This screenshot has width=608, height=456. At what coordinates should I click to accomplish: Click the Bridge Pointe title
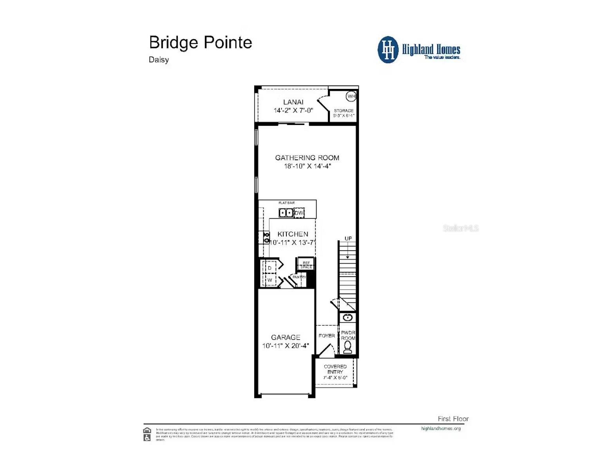pos(200,42)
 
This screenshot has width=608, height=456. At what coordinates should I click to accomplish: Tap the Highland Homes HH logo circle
pos(388,50)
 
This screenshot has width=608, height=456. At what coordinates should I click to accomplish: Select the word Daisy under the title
pos(159,60)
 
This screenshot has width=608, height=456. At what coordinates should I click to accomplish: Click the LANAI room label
pos(293,102)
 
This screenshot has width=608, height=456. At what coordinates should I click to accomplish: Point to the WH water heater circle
pos(351,96)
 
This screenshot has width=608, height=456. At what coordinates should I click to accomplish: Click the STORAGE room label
pos(344,111)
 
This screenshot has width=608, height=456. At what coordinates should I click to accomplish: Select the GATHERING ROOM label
pos(307,157)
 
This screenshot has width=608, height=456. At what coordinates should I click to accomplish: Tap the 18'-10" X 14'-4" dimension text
pos(308,166)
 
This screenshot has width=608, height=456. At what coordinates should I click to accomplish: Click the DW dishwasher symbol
pos(299,213)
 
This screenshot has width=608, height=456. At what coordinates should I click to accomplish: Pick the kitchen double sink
pos(286,213)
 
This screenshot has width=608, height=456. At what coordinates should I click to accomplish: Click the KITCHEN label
pos(293,234)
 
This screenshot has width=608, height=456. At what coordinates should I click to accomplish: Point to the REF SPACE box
pos(306,265)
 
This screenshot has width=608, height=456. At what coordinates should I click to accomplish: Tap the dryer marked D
pos(270,268)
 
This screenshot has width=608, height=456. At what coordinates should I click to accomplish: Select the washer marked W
pos(270,280)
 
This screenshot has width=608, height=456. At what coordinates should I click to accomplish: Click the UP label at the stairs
pos(348,238)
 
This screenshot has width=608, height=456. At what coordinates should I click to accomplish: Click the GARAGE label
pos(286,337)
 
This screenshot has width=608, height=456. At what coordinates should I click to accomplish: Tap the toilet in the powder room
pos(347,347)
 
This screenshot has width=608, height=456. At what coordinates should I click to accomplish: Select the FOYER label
pos(326,336)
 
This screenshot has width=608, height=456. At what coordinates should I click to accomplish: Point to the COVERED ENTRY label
pos(335,369)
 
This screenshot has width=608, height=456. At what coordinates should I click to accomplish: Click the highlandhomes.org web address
pos(441,429)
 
